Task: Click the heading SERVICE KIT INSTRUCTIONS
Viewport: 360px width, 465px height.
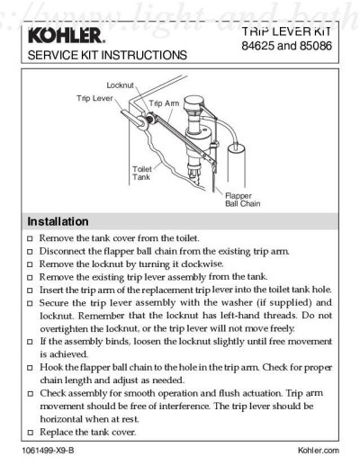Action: [108, 55]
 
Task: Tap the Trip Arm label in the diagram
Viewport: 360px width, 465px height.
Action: [164, 104]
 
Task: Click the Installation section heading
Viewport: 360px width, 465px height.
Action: [58, 220]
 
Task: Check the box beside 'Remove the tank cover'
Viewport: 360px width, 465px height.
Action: [31, 238]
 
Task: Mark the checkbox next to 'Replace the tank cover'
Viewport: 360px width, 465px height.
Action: [31, 434]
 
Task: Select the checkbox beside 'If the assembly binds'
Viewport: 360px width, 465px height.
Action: [31, 343]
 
